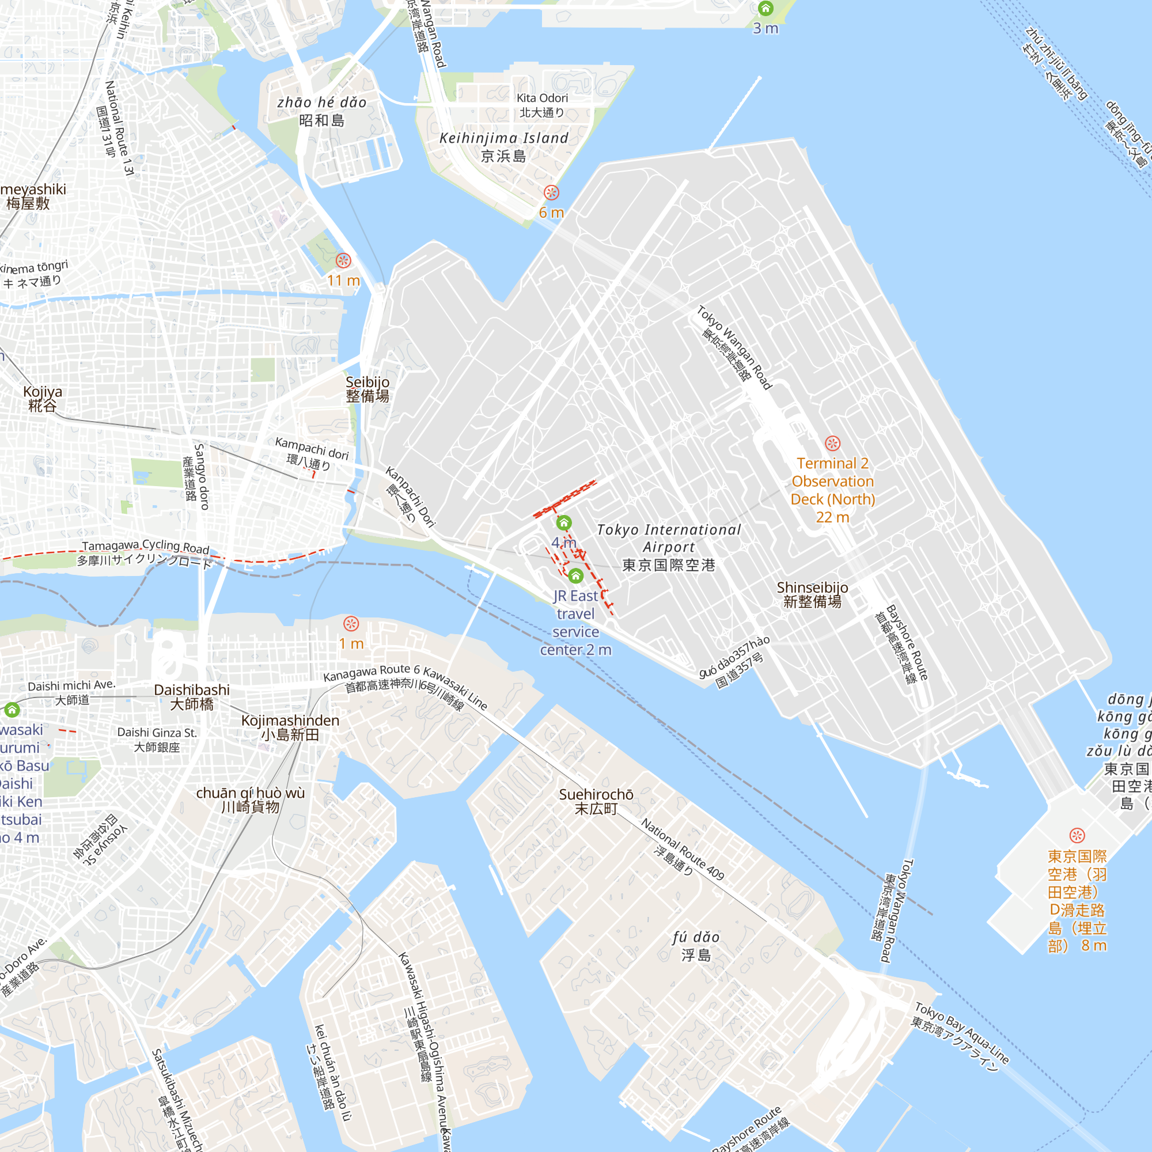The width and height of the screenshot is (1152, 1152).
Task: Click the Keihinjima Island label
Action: coord(504,147)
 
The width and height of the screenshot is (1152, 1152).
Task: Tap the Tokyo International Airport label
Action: coord(668,547)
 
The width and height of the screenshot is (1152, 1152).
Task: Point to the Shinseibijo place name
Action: coord(812,594)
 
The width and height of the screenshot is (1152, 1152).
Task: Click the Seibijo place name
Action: coord(367,389)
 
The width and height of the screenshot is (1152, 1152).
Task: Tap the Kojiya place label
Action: coord(42,399)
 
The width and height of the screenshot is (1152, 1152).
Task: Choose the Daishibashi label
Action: coord(191,696)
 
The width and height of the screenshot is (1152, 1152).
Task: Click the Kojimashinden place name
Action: coord(290,727)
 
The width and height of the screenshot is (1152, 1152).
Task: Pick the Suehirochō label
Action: coord(596,801)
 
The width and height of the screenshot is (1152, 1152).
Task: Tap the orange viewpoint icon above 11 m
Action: coord(343,260)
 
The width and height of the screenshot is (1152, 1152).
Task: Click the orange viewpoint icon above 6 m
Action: coord(552,192)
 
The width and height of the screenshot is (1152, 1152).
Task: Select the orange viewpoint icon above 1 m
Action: coord(351,624)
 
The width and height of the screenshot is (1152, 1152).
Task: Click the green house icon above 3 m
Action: coord(766,8)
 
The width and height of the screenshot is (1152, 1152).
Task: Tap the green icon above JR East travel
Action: coord(575,575)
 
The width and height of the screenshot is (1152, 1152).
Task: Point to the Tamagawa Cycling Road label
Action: coord(146,554)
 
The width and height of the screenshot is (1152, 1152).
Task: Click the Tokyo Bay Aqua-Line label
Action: coord(961,1037)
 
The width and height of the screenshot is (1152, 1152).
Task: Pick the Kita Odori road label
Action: coord(542,105)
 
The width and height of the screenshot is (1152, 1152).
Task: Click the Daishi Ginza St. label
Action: coord(157,740)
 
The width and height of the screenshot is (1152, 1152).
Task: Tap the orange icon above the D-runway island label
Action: coord(1077,835)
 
